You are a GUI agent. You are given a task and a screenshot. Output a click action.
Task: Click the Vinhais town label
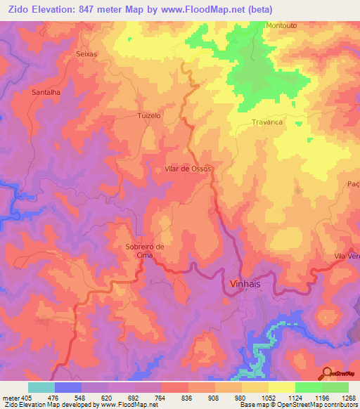pyautogui.click(x=245, y=284)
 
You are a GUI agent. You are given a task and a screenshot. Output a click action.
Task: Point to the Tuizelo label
pyautogui.click(x=149, y=115)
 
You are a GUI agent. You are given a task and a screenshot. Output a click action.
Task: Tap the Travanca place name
pyautogui.click(x=267, y=122)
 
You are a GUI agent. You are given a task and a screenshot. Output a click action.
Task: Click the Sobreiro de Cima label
pyautogui.click(x=144, y=251)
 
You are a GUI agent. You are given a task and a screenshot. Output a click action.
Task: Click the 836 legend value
pyautogui.click(x=187, y=398)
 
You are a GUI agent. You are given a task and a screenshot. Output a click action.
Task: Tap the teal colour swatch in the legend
pyautogui.click(x=41, y=387)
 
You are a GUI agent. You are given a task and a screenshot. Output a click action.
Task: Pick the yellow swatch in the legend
pyautogui.click(x=281, y=387)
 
